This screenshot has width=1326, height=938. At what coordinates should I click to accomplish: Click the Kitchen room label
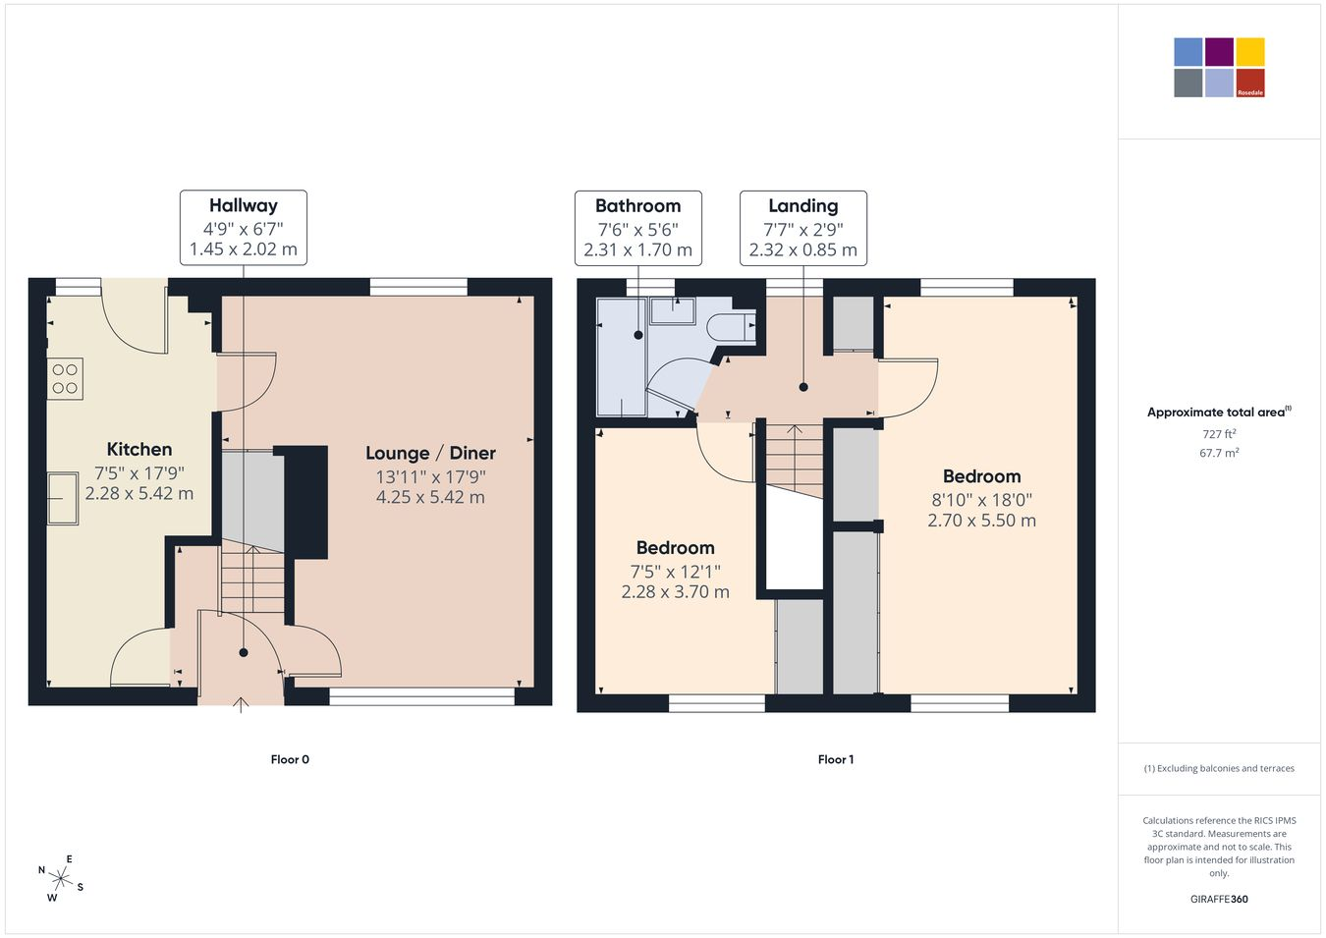(139, 449)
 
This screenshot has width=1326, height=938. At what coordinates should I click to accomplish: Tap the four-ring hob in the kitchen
(65, 379)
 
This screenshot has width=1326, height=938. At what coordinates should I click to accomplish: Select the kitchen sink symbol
(63, 498)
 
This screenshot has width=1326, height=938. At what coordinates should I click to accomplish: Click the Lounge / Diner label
(430, 454)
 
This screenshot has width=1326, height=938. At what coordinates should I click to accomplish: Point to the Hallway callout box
(244, 227)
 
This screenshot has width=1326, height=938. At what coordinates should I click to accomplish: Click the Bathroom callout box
(638, 228)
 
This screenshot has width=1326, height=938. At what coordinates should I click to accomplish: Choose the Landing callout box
(803, 228)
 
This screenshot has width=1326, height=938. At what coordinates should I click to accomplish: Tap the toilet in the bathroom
(733, 327)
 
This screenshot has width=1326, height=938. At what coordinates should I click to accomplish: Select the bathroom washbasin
(673, 310)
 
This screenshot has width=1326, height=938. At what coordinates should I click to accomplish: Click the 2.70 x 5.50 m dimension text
(981, 521)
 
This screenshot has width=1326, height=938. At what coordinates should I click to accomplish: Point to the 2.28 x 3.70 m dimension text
(676, 592)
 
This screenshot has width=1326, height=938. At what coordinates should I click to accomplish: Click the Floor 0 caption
(290, 759)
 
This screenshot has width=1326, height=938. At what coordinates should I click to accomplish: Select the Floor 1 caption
(836, 759)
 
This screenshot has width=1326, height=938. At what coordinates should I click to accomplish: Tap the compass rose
(60, 879)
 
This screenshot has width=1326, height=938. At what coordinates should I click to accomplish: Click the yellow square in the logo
(1250, 52)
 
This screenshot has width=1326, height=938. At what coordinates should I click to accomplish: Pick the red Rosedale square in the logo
(1250, 83)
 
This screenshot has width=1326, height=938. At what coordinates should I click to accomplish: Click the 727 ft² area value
(1219, 434)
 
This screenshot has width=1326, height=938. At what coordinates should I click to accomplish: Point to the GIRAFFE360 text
(1219, 899)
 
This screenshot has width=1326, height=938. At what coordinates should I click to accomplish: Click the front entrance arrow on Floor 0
(241, 705)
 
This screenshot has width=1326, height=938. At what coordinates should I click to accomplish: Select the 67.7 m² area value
(1219, 453)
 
